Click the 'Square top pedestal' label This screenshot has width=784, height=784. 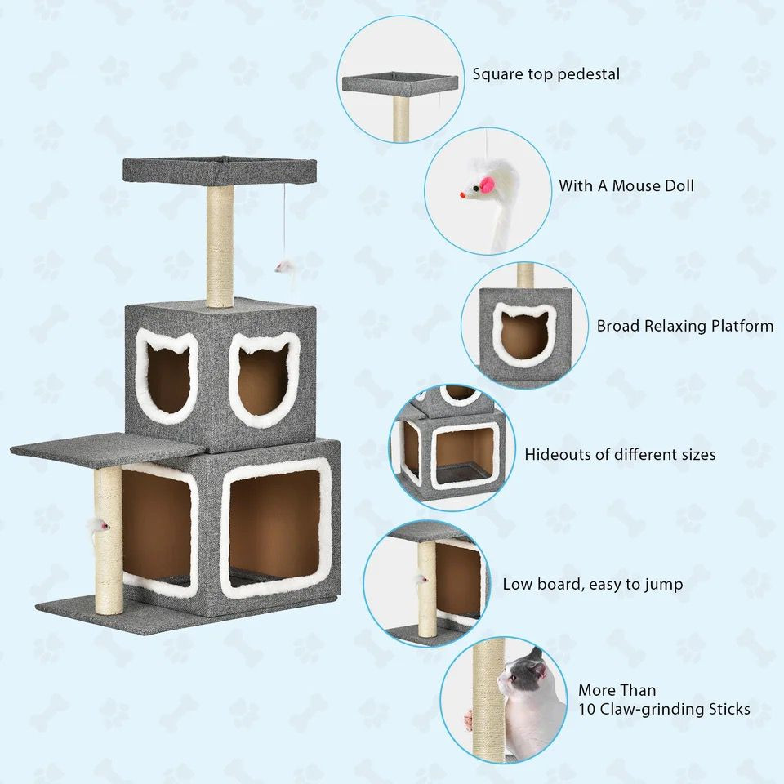coord(546,74)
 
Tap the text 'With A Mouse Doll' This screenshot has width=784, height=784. coord(626,186)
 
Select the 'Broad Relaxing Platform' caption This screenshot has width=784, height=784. coord(684,327)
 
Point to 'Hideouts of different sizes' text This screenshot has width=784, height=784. coord(620,454)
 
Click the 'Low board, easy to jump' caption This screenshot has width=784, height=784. coord(592,585)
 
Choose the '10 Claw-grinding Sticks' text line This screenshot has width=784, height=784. coord(664,709)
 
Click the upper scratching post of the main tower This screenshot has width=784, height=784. coord(219,245)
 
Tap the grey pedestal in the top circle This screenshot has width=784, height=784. coord(399,83)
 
